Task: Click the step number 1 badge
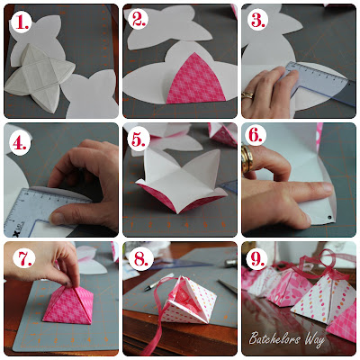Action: coord(21,22)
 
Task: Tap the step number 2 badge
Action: coord(139,20)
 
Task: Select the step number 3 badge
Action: coord(258,20)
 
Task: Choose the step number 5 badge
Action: coord(139,139)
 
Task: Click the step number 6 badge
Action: coord(256,135)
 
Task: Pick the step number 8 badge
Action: coord(140,258)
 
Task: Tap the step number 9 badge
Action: coord(257,258)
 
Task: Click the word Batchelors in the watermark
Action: coord(274,338)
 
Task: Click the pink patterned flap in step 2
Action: coord(195,78)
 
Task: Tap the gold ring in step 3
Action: coord(247,95)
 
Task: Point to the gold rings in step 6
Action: coord(247,158)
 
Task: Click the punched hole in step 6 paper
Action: coord(330,217)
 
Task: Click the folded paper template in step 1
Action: coord(40,77)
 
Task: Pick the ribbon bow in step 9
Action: coord(321,263)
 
